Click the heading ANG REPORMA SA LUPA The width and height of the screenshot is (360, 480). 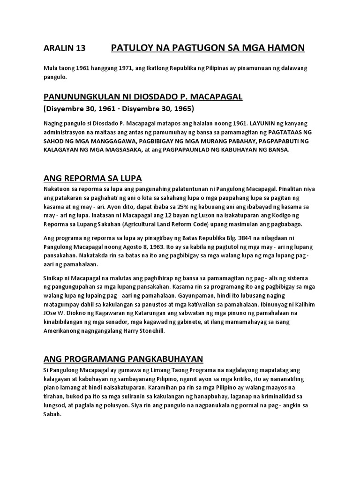point(92,179)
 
